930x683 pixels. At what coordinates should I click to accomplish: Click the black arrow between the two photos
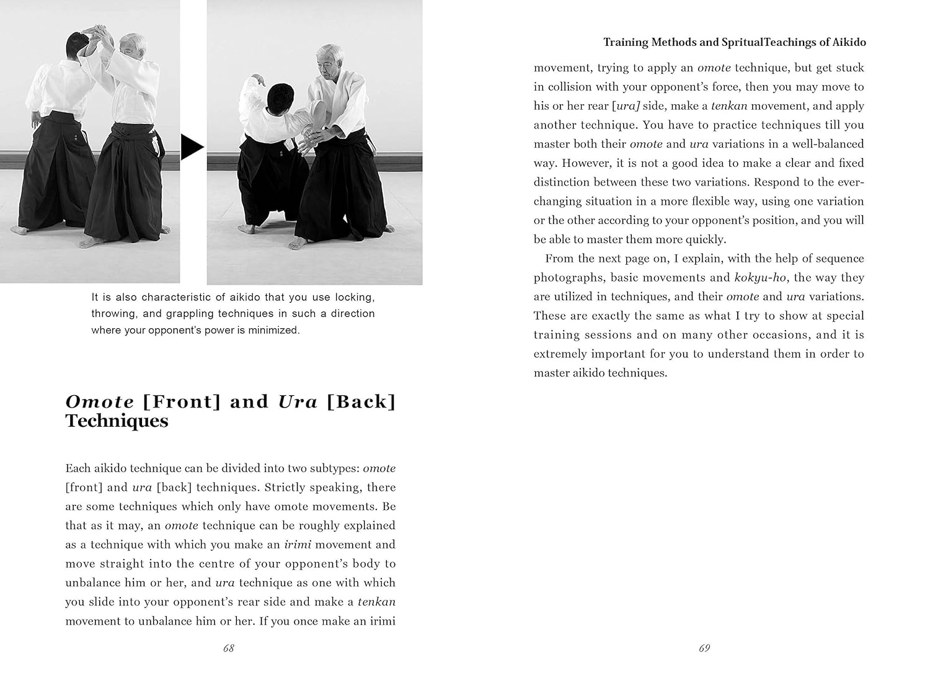[192, 148]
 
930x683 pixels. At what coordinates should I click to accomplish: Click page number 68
[228, 648]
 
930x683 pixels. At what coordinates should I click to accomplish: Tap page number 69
[704, 648]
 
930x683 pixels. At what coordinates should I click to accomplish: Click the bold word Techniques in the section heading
[117, 421]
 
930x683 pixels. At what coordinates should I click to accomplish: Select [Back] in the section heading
[361, 402]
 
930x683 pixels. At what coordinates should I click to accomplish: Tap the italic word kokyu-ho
[761, 277]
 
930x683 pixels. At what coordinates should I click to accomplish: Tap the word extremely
[560, 354]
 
